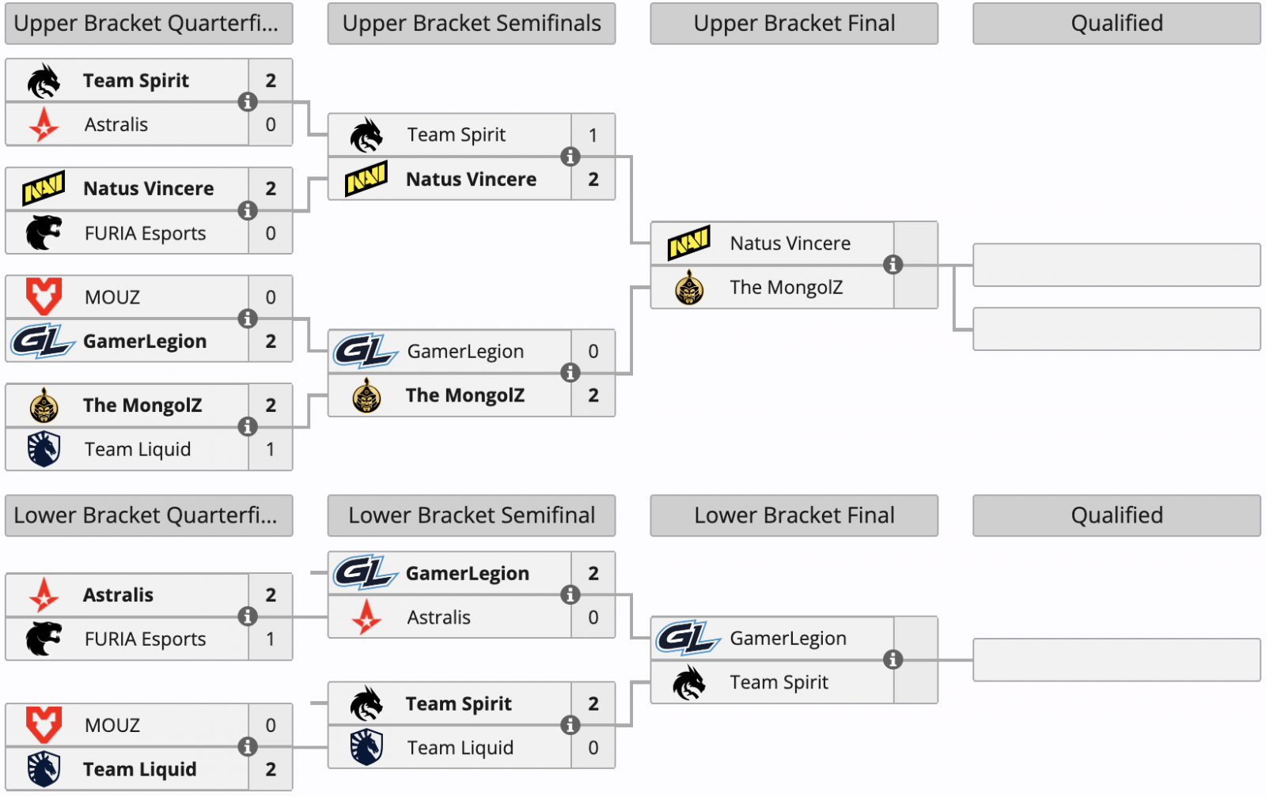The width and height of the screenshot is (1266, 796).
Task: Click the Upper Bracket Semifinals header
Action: pyautogui.click(x=472, y=24)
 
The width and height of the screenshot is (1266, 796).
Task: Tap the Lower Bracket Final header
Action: pyautogui.click(x=794, y=515)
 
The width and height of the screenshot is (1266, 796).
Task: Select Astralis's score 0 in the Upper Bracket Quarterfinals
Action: pyautogui.click(x=271, y=124)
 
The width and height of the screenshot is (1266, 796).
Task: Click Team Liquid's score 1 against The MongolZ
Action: pyautogui.click(x=271, y=449)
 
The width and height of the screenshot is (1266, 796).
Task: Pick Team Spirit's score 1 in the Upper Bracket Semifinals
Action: pyautogui.click(x=593, y=135)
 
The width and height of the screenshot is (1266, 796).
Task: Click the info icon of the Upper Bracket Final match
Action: pyautogui.click(x=893, y=265)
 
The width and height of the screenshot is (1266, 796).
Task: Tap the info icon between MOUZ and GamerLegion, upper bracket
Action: pyautogui.click(x=248, y=319)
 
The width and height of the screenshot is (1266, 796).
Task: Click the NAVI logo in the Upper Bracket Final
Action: pyautogui.click(x=689, y=243)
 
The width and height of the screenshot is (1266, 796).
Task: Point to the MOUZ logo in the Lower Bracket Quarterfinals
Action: pyautogui.click(x=44, y=724)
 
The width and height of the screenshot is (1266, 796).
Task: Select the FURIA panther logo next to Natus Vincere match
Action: pyautogui.click(x=44, y=232)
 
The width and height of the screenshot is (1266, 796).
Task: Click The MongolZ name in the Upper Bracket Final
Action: pyautogui.click(x=786, y=288)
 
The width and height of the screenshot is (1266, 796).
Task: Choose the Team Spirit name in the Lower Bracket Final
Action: pyautogui.click(x=779, y=682)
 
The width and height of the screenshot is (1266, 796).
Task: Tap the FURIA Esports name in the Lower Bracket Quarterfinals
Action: pyautogui.click(x=145, y=639)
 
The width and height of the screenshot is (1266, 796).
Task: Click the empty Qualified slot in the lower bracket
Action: pyautogui.click(x=1116, y=660)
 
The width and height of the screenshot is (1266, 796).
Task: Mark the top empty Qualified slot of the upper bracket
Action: pyautogui.click(x=1116, y=265)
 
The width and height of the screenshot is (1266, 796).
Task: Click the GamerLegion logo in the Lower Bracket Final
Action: pyautogui.click(x=688, y=638)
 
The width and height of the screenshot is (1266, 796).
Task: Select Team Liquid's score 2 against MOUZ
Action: pyautogui.click(x=271, y=769)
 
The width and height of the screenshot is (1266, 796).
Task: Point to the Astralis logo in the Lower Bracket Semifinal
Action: pyautogui.click(x=366, y=617)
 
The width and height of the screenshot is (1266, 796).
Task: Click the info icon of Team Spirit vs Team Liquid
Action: pyautogui.click(x=570, y=725)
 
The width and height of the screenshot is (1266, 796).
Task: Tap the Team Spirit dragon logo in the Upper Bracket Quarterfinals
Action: pyautogui.click(x=44, y=81)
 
